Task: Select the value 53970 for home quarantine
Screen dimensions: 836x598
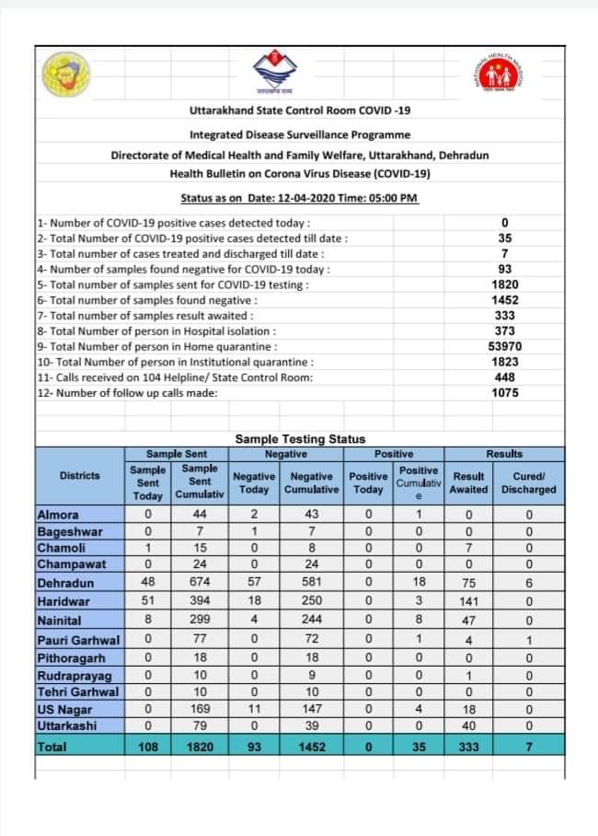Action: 504,346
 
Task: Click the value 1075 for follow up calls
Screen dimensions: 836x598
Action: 504,393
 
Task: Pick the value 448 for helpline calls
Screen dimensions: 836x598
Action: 504,377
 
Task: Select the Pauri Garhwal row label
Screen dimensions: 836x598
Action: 78,639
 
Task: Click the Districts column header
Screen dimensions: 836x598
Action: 80,475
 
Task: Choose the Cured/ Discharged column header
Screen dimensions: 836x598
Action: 529,482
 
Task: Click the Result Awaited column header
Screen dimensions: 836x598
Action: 469,482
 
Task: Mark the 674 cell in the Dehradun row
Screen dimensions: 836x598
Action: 200,583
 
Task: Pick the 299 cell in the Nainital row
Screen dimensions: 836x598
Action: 200,621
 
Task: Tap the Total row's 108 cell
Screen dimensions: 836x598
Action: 148,748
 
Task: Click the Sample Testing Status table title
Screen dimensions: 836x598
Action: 300,439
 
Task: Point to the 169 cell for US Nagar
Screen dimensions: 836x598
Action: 200,709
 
